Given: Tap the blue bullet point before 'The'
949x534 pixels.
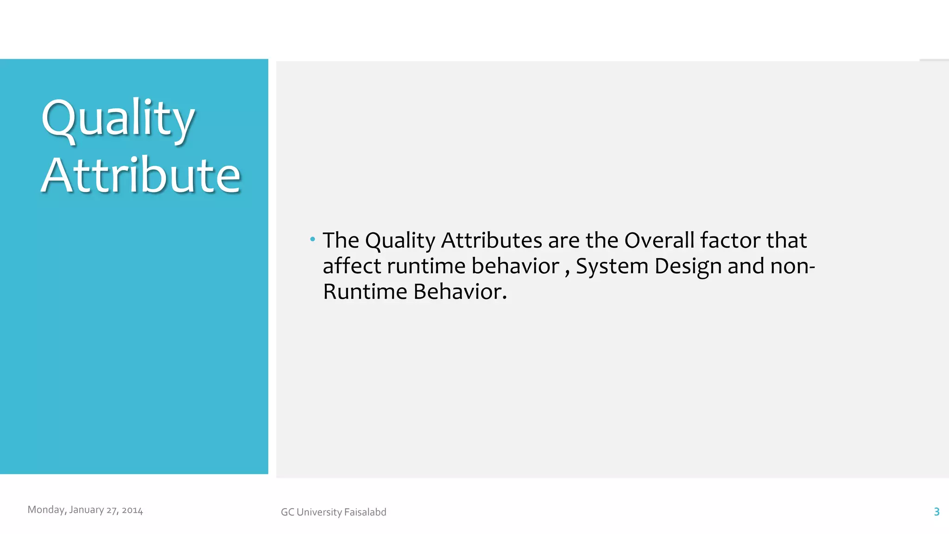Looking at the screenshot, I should click(x=313, y=239).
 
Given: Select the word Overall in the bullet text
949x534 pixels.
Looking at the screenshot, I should click(x=659, y=240).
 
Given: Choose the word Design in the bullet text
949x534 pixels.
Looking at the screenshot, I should click(x=688, y=267).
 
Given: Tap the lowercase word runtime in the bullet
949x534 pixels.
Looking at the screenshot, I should click(x=426, y=266).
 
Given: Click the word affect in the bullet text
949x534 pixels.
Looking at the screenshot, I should click(x=352, y=266).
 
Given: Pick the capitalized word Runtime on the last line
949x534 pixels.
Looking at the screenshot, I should click(x=365, y=292).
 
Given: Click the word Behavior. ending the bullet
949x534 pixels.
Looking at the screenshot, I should click(x=460, y=292).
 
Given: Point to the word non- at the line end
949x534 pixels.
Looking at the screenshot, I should click(x=792, y=267).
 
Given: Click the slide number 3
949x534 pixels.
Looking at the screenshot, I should click(x=936, y=512).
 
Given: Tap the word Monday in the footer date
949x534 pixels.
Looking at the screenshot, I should click(x=46, y=510).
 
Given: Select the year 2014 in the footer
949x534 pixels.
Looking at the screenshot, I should click(x=133, y=510).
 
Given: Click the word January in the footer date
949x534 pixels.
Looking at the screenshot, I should click(x=86, y=510).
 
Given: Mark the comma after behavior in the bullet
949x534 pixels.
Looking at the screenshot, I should click(x=567, y=272).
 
